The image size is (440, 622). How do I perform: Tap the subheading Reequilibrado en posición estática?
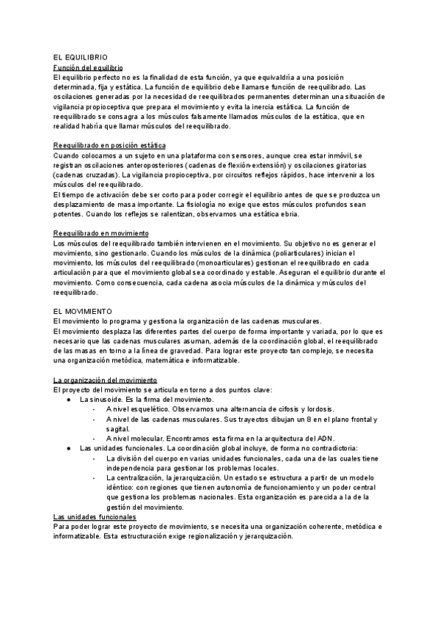[x=109, y=146]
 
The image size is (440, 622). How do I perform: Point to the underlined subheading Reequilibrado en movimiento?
[x=101, y=233]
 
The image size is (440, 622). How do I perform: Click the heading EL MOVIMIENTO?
[x=83, y=311]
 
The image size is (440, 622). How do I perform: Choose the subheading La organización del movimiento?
[x=106, y=380]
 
